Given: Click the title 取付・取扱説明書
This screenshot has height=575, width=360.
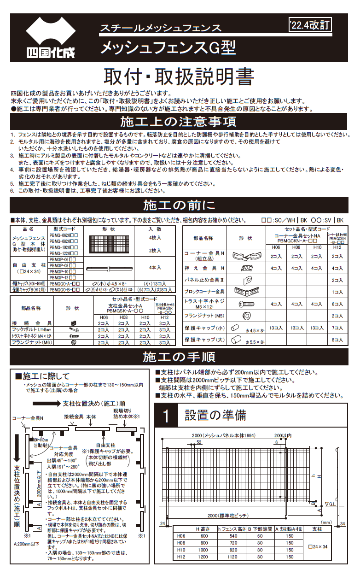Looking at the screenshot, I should coord(179,76).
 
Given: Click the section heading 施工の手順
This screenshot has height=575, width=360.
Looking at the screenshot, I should coord(179,357).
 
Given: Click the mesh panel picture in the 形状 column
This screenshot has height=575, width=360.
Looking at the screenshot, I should coord(110,244).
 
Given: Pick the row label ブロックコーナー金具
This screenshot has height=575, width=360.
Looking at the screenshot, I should coord(204,292).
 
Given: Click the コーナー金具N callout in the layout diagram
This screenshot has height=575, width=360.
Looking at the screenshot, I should coord(28,418).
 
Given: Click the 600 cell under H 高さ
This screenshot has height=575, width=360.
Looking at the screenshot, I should coord(203,536).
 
